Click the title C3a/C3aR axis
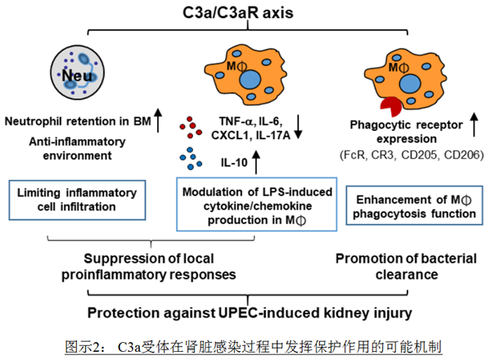click(x=244, y=12)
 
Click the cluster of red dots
click(x=187, y=126)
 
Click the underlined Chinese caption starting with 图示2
click(x=246, y=345)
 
